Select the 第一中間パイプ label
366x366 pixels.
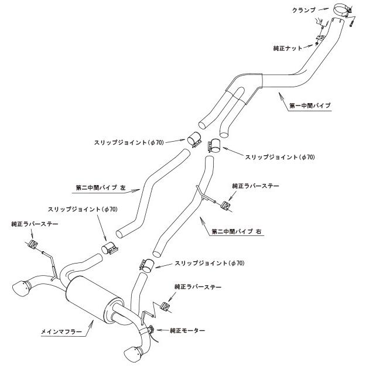pyautogui.click(x=310, y=106)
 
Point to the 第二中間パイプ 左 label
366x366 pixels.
pyautogui.click(x=101, y=188)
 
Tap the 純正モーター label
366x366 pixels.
pyautogui.click(x=188, y=331)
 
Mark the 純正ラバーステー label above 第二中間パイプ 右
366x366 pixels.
pyautogui.click(x=256, y=186)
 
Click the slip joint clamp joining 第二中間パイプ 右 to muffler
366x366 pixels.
pyautogui.click(x=146, y=265)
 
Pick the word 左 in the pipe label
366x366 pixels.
pyautogui.click(x=122, y=188)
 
